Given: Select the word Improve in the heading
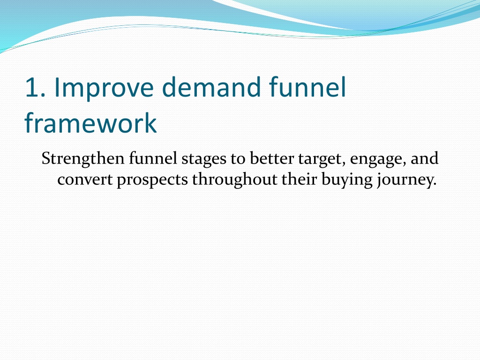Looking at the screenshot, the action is click(x=104, y=89).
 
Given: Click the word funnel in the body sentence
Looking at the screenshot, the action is click(x=153, y=158).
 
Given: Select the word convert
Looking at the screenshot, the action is click(x=85, y=180).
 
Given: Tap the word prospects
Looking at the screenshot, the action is click(x=152, y=181).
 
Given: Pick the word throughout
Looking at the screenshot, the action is click(x=234, y=180).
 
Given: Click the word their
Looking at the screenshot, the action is click(x=299, y=179).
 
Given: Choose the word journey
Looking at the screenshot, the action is click(x=404, y=180).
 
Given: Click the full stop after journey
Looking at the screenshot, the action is click(x=435, y=184).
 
